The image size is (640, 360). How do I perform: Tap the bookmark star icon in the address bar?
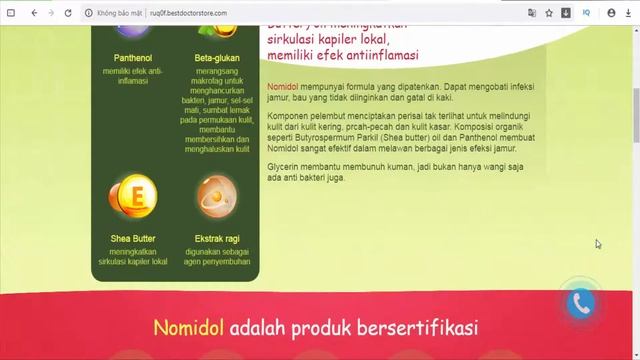[x=549, y=13]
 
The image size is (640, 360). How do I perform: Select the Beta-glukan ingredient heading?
[x=217, y=58]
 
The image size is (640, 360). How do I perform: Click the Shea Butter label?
[x=126, y=239]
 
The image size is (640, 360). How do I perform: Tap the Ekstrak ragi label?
[x=217, y=239]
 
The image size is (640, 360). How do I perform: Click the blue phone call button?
[x=581, y=304]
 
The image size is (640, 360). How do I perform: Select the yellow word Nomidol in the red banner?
[x=189, y=328]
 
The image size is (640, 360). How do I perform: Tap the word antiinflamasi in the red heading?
[x=375, y=55]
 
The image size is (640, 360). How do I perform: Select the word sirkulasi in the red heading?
[x=293, y=39]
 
